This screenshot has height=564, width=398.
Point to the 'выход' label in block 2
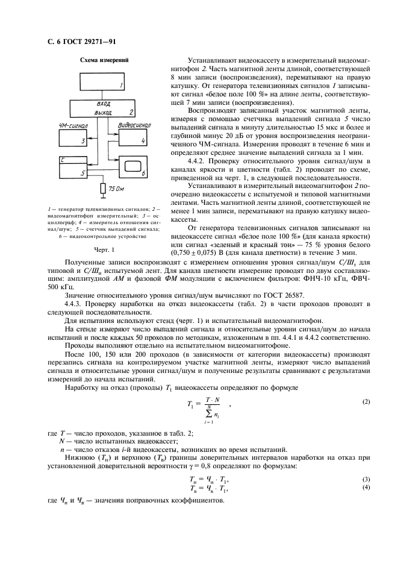coord(103,111)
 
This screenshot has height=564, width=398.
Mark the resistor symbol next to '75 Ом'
coord(102,189)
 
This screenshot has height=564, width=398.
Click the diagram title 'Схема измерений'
coord(101,60)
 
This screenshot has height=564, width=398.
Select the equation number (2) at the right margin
coord(365,401)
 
